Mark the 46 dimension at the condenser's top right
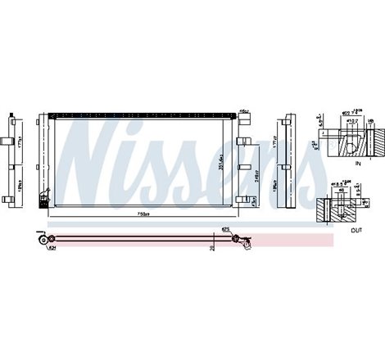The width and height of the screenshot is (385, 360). coord(243,110)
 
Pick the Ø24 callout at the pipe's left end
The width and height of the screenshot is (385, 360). coord(50,246)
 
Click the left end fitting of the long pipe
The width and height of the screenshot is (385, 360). coord(38,238)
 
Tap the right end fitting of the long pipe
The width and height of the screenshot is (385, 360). coord(238,239)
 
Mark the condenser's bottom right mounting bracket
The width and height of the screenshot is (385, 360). coord(242,197)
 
